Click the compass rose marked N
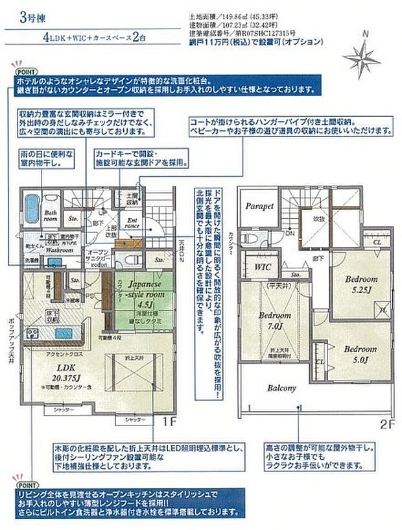366,51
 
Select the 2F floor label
387,425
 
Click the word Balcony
281,388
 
